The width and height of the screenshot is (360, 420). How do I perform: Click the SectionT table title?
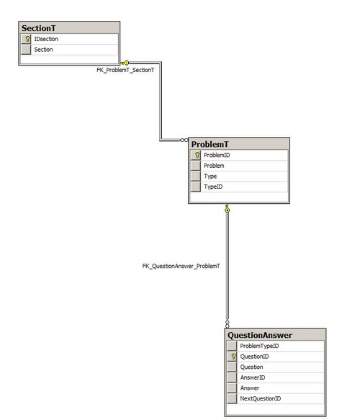click(x=39, y=28)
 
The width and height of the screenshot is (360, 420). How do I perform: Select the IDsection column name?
click(x=46, y=39)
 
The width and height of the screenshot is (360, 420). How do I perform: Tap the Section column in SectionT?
click(x=43, y=50)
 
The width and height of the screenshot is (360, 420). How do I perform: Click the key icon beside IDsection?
click(x=27, y=39)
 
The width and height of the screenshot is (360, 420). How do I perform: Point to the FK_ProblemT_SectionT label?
click(x=125, y=70)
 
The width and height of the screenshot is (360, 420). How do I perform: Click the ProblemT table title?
click(x=210, y=144)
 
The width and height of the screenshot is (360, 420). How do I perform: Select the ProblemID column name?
click(x=217, y=155)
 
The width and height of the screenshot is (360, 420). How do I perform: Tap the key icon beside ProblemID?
click(x=197, y=155)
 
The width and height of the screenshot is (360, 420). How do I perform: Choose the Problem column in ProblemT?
click(x=214, y=166)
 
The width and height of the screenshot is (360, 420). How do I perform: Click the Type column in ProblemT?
click(x=210, y=177)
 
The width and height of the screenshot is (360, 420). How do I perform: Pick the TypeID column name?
click(x=213, y=187)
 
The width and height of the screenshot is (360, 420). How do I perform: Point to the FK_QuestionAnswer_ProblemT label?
click(x=181, y=267)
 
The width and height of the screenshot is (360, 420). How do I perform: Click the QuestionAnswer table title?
click(x=260, y=336)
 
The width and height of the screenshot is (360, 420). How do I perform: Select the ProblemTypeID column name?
click(x=259, y=346)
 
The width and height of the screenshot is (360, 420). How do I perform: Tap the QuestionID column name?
click(x=254, y=357)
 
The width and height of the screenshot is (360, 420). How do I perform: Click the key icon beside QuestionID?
click(x=233, y=357)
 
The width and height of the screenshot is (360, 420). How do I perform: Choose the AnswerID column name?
click(x=253, y=377)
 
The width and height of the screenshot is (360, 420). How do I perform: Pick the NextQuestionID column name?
click(x=261, y=398)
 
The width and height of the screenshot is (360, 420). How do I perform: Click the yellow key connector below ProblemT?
click(x=227, y=209)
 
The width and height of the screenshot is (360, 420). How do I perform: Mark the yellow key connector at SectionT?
click(x=125, y=63)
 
